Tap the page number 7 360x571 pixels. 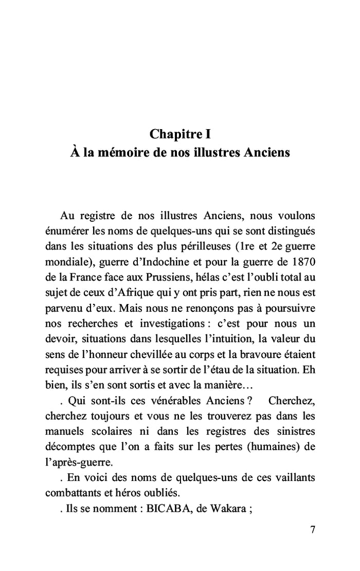[x=312, y=530]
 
